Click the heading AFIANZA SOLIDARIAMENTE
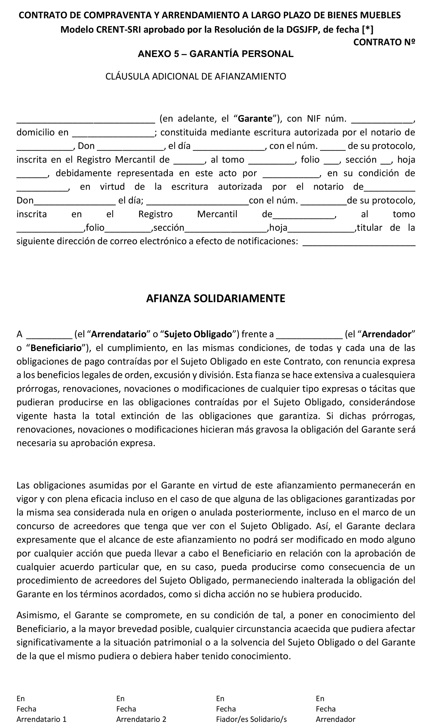click(216, 299)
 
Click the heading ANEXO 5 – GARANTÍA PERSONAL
click(216, 54)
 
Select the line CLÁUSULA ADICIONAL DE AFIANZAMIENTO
click(196, 77)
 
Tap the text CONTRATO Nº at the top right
click(384, 42)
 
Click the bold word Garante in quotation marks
click(255, 119)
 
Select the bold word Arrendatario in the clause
click(119, 334)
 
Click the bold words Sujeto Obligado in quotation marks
click(198, 334)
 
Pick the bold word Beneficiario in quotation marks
click(56, 348)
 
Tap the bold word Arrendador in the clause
click(387, 334)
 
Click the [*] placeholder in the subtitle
click(367, 30)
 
